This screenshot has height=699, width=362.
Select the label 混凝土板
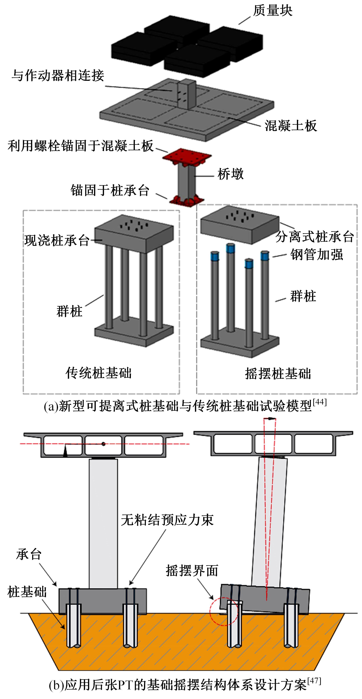(291, 126)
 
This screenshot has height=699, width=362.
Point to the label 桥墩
(230, 174)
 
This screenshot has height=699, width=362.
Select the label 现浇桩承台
(57, 240)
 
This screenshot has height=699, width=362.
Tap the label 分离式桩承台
(315, 236)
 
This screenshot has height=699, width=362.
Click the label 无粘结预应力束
(167, 520)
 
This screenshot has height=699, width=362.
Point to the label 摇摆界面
(192, 570)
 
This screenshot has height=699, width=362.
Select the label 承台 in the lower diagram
(29, 554)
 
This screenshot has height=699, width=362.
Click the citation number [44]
(320, 402)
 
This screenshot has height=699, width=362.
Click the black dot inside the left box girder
(103, 444)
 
